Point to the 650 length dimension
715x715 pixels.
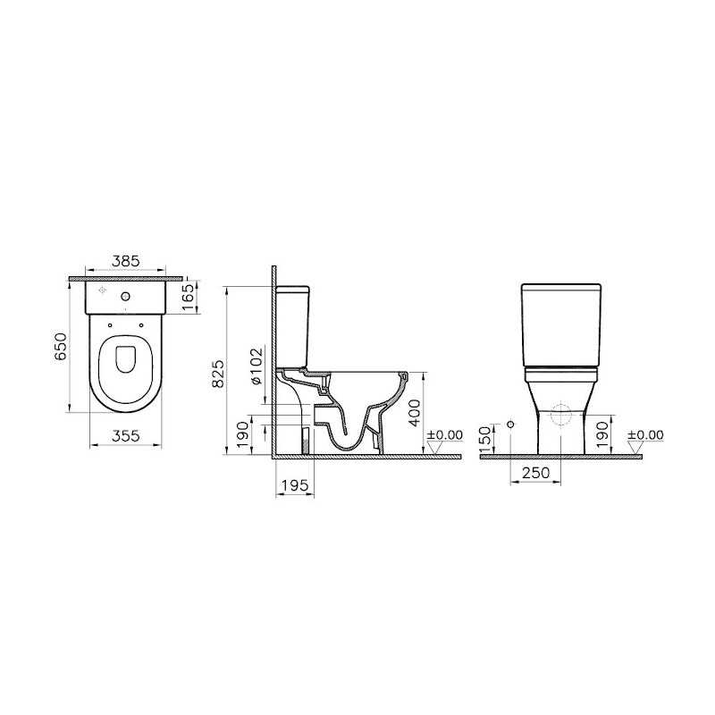61,346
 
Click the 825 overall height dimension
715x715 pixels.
217,371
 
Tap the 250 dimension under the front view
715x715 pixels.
536,474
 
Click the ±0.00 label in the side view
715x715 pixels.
444,435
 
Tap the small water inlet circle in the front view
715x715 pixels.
510,424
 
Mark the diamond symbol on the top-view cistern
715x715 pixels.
100,293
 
